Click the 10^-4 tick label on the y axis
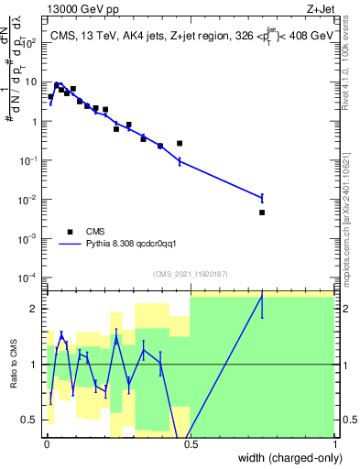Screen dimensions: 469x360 (x=29, y=278)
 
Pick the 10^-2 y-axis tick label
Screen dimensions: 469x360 (x=29, y=199)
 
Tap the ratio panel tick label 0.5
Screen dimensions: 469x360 (x=32, y=420)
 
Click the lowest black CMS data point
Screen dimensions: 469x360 (x=262, y=213)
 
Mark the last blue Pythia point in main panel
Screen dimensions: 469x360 (x=262, y=197)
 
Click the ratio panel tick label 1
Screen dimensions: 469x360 (x=35, y=365)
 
